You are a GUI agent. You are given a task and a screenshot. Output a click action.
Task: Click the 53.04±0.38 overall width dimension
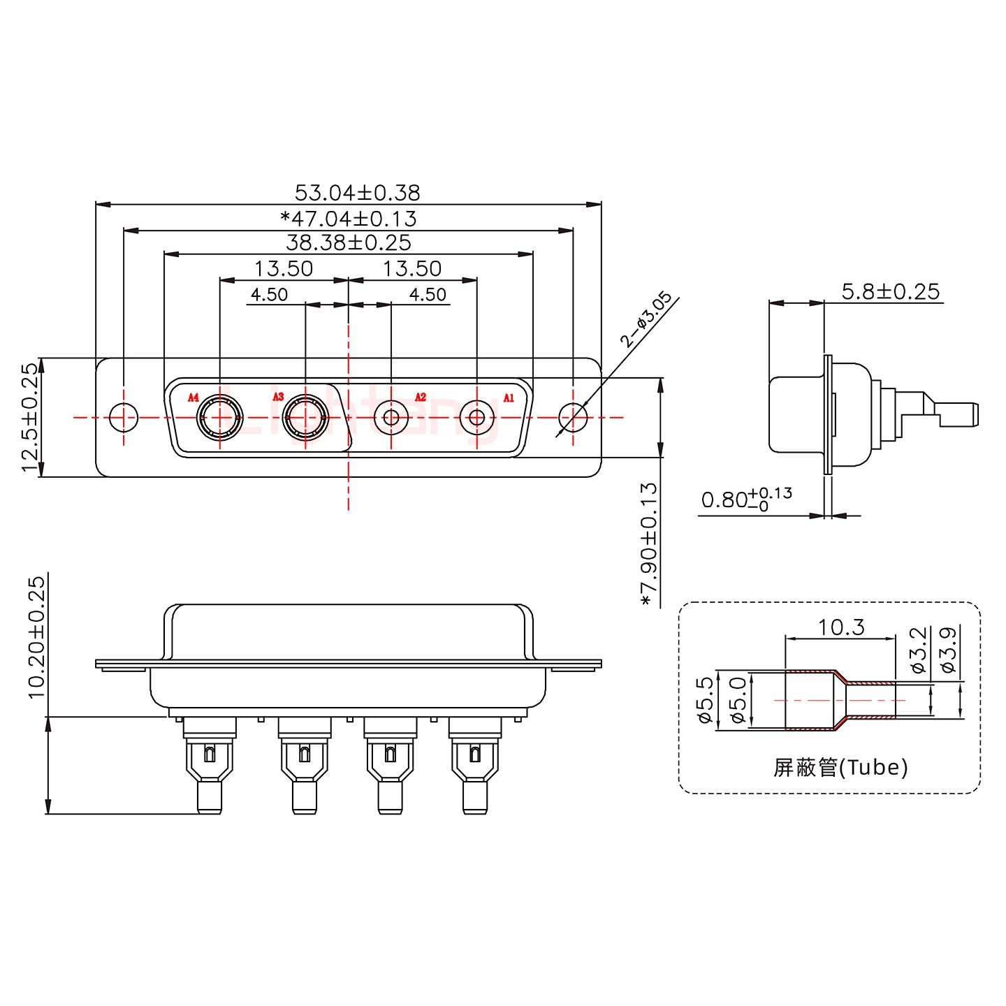[357, 192]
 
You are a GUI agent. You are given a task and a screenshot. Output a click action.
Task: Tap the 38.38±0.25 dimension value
[348, 243]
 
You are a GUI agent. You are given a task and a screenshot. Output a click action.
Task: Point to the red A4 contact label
[194, 398]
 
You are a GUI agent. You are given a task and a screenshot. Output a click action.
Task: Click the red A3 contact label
[278, 398]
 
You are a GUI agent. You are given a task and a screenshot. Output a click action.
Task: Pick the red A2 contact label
[420, 398]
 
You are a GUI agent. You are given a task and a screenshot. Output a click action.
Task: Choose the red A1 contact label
[509, 398]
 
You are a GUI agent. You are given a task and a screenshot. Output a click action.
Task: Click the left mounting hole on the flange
[124, 418]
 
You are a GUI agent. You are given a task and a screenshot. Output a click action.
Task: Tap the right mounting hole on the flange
[573, 418]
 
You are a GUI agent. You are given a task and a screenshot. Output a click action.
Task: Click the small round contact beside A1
[476, 418]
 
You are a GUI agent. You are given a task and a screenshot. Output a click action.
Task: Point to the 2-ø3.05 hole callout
[646, 319]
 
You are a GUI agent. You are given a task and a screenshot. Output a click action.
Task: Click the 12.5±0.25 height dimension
[29, 417]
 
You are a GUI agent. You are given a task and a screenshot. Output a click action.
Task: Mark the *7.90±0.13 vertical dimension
[648, 544]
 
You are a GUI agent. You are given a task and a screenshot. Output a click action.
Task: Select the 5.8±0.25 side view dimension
[890, 291]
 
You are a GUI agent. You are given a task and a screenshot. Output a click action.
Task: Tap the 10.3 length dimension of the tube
[840, 627]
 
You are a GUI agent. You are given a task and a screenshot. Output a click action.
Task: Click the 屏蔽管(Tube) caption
[840, 768]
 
